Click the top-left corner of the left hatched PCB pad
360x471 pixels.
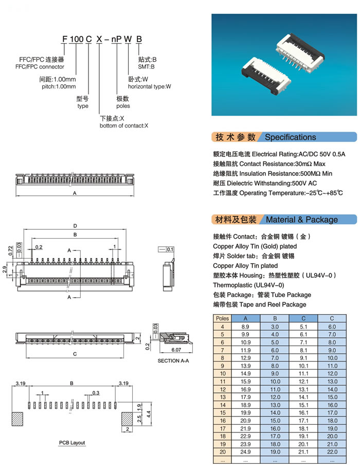click(x=12, y=413)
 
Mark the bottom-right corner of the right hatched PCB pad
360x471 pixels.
click(x=133, y=426)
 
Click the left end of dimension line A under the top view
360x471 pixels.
click(x=16, y=196)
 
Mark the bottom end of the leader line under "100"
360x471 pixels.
click(x=76, y=75)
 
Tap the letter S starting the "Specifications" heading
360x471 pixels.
click(x=267, y=137)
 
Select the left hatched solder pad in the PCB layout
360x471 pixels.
click(x=17, y=420)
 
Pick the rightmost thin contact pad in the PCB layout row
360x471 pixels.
click(x=115, y=405)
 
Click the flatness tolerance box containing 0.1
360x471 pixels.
click(x=166, y=249)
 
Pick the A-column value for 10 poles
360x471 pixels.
click(x=245, y=373)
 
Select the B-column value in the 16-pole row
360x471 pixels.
click(x=275, y=421)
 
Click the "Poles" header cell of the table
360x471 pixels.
click(x=222, y=318)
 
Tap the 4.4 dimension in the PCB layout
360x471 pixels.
click(x=149, y=414)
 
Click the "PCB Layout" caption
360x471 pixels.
click(x=72, y=443)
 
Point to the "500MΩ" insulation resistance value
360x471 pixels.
click(x=310, y=174)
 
